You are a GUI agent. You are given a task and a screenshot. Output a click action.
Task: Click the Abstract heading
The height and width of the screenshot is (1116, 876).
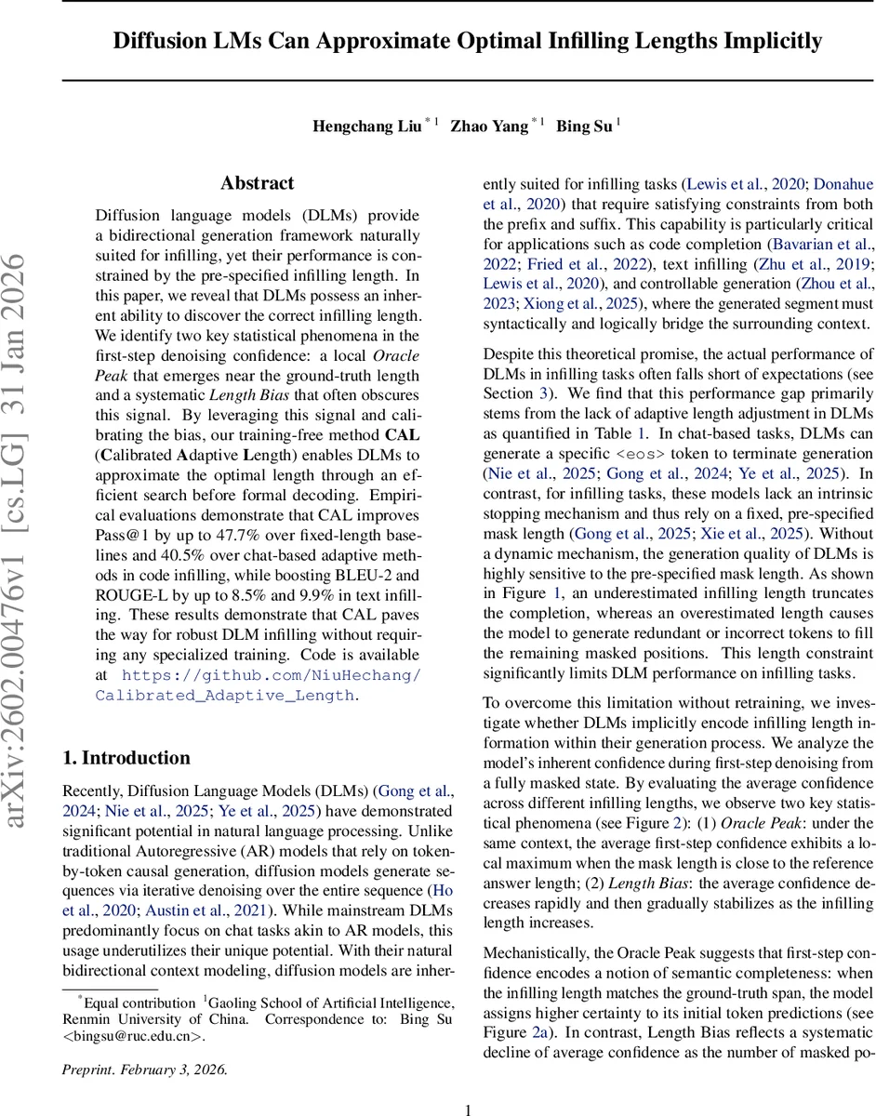click(x=258, y=183)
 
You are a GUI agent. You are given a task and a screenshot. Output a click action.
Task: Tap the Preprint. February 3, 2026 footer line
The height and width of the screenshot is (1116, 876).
click(x=144, y=1069)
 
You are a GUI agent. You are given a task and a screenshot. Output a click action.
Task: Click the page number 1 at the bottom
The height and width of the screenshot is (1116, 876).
click(x=469, y=1109)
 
